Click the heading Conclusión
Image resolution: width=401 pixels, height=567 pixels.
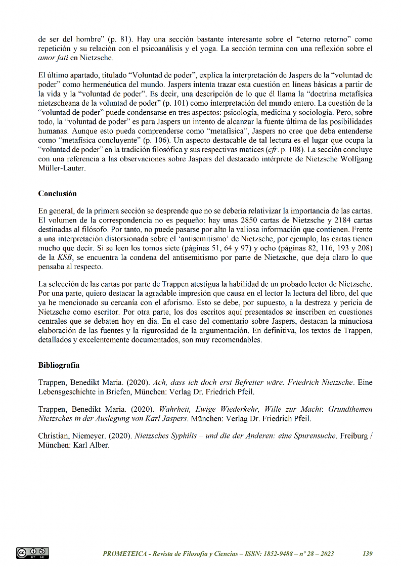click(57, 193)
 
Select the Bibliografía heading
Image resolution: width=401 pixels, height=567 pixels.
click(59, 365)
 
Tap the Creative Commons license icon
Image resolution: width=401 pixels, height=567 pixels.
click(32, 553)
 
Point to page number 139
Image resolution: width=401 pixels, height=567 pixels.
click(368, 554)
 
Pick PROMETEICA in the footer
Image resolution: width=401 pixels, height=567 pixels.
click(124, 554)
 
